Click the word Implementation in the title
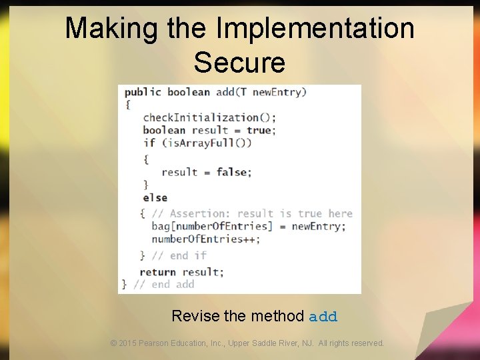[x=315, y=29]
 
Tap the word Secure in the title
[x=239, y=63]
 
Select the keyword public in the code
[x=143, y=92]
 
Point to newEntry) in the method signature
[x=279, y=92]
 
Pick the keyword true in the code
[x=259, y=130]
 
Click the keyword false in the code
[x=232, y=172]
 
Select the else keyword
[x=155, y=197]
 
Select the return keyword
[x=157, y=271]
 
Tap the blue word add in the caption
[x=323, y=316]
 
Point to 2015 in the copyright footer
[x=127, y=343]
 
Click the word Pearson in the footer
[x=155, y=343]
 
